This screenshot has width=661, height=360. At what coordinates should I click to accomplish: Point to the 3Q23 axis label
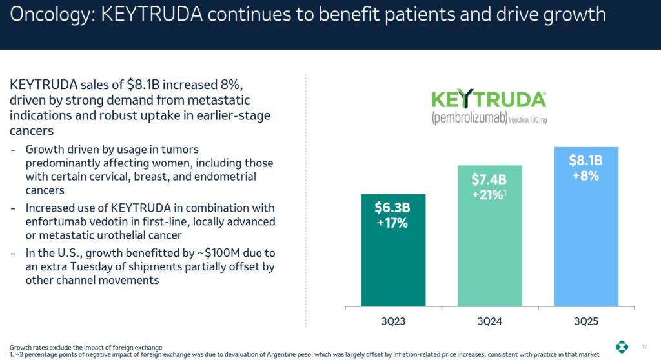[x=393, y=321]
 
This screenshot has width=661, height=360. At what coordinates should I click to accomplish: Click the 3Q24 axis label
[x=490, y=321]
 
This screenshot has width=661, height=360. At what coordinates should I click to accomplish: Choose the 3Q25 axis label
[x=586, y=321]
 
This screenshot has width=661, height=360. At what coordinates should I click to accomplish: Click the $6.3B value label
[x=393, y=208]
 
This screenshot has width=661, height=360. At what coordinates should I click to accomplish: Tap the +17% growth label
[x=393, y=223]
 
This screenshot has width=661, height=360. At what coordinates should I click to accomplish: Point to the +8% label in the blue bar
[x=586, y=175]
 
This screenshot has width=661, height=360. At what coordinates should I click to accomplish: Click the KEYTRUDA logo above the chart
[x=489, y=101]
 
